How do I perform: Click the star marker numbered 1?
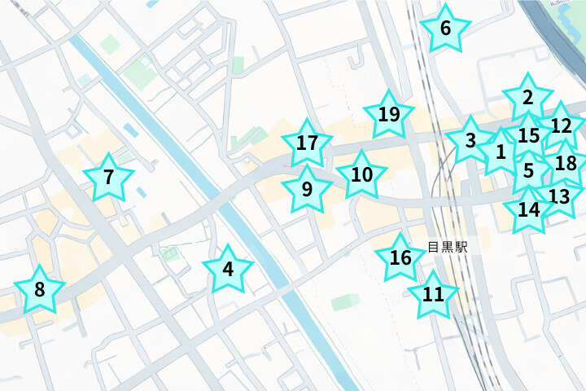coord(501,152)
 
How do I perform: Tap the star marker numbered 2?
coord(527,99)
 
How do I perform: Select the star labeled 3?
coord(470,140)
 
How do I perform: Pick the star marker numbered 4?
coord(228,270)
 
